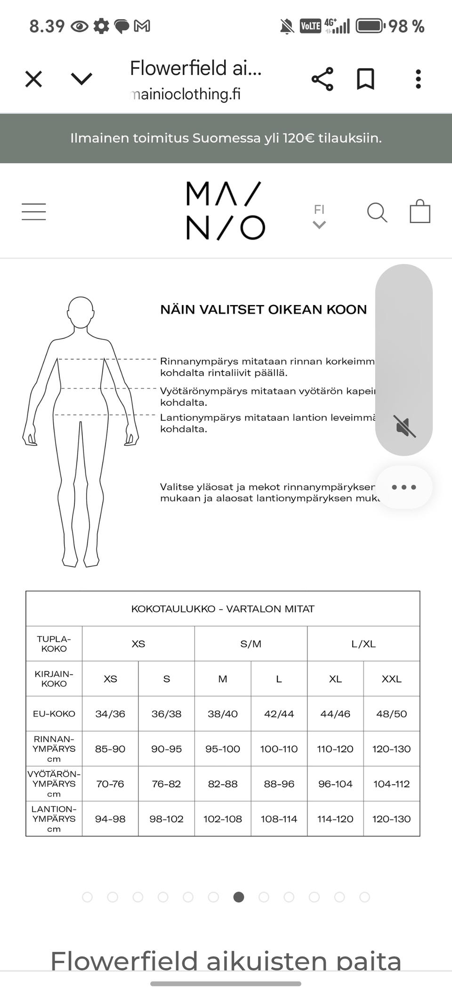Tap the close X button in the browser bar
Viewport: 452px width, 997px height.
pyautogui.click(x=33, y=79)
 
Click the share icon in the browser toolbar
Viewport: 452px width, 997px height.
pyautogui.click(x=323, y=79)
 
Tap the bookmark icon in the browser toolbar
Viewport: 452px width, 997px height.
pyautogui.click(x=365, y=79)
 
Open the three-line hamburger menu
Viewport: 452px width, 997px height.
pyautogui.click(x=34, y=212)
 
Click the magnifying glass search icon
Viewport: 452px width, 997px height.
pyautogui.click(x=377, y=212)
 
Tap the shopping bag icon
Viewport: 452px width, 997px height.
pyautogui.click(x=420, y=211)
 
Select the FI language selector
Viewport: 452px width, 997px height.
pyautogui.click(x=319, y=216)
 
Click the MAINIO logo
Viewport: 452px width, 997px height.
pyautogui.click(x=226, y=211)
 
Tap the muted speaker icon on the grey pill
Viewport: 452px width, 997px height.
pyautogui.click(x=405, y=426)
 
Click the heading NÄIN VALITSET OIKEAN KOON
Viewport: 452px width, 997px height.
pyautogui.click(x=263, y=310)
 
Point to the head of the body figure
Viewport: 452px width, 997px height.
pyautogui.click(x=81, y=312)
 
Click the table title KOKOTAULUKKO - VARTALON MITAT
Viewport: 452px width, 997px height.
pyautogui.click(x=223, y=609)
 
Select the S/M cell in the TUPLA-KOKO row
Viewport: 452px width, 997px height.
pyautogui.click(x=251, y=644)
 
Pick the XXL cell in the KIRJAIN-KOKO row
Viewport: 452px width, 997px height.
pyautogui.click(x=391, y=679)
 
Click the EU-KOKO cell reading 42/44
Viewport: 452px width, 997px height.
pyautogui.click(x=279, y=714)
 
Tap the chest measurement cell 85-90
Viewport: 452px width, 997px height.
pyautogui.click(x=110, y=749)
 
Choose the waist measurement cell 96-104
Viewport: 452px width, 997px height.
pyautogui.click(x=335, y=784)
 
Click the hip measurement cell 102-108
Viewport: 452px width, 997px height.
pyautogui.click(x=223, y=819)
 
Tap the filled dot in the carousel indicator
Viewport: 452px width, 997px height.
pyautogui.click(x=239, y=897)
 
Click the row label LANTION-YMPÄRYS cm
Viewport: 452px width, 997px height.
pyautogui.click(x=54, y=819)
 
